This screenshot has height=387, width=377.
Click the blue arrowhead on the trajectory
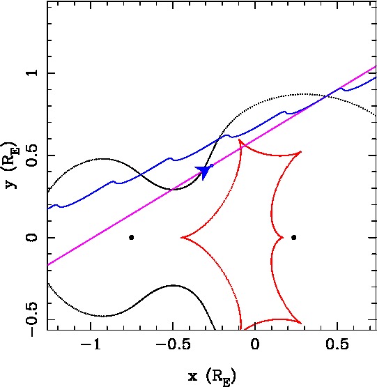[203, 171]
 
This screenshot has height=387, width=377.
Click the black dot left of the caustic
[132, 238]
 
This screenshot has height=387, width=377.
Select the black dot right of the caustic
[293, 238]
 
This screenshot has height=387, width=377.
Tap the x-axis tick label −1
[91, 344]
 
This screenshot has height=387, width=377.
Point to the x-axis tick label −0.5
[173, 344]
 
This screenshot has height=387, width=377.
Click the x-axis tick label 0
[255, 344]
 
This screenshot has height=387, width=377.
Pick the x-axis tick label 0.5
[337, 344]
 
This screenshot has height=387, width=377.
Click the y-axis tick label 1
[33, 73]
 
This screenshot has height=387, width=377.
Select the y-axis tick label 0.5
[33, 155]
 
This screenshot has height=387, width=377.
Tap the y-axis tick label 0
[33, 238]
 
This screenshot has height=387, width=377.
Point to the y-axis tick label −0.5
[33, 319]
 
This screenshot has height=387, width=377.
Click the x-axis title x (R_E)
[212, 377]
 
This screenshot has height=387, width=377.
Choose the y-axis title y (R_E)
[10, 165]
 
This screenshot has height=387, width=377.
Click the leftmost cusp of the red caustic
[182, 238]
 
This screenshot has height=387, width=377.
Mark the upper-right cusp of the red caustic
[301, 151]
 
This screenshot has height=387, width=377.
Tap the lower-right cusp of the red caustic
[301, 323]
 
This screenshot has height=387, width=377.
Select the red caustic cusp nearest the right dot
[283, 238]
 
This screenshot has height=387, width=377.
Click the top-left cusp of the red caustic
[239, 139]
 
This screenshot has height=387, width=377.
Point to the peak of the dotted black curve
[305, 94]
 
